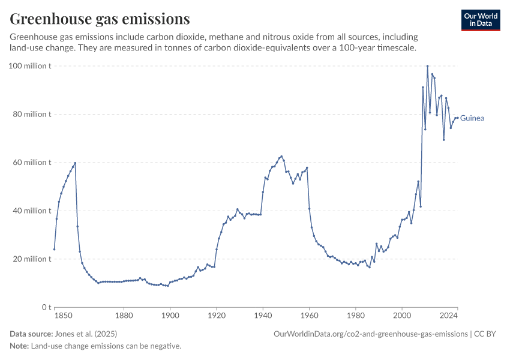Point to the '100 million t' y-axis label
pyautogui.click(x=29, y=66)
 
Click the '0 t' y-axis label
pyautogui.click(x=46, y=307)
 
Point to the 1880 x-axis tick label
pyautogui.click(x=124, y=314)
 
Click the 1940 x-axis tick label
pyautogui.click(x=263, y=314)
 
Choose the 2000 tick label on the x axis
pyautogui.click(x=402, y=314)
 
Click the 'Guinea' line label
pyautogui.click(x=472, y=118)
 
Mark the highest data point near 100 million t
pyautogui.click(x=427, y=66)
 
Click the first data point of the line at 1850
pyautogui.click(x=54, y=249)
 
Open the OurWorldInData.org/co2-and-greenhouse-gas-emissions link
pyautogui.click(x=370, y=334)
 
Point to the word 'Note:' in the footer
pyautogui.click(x=20, y=346)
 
